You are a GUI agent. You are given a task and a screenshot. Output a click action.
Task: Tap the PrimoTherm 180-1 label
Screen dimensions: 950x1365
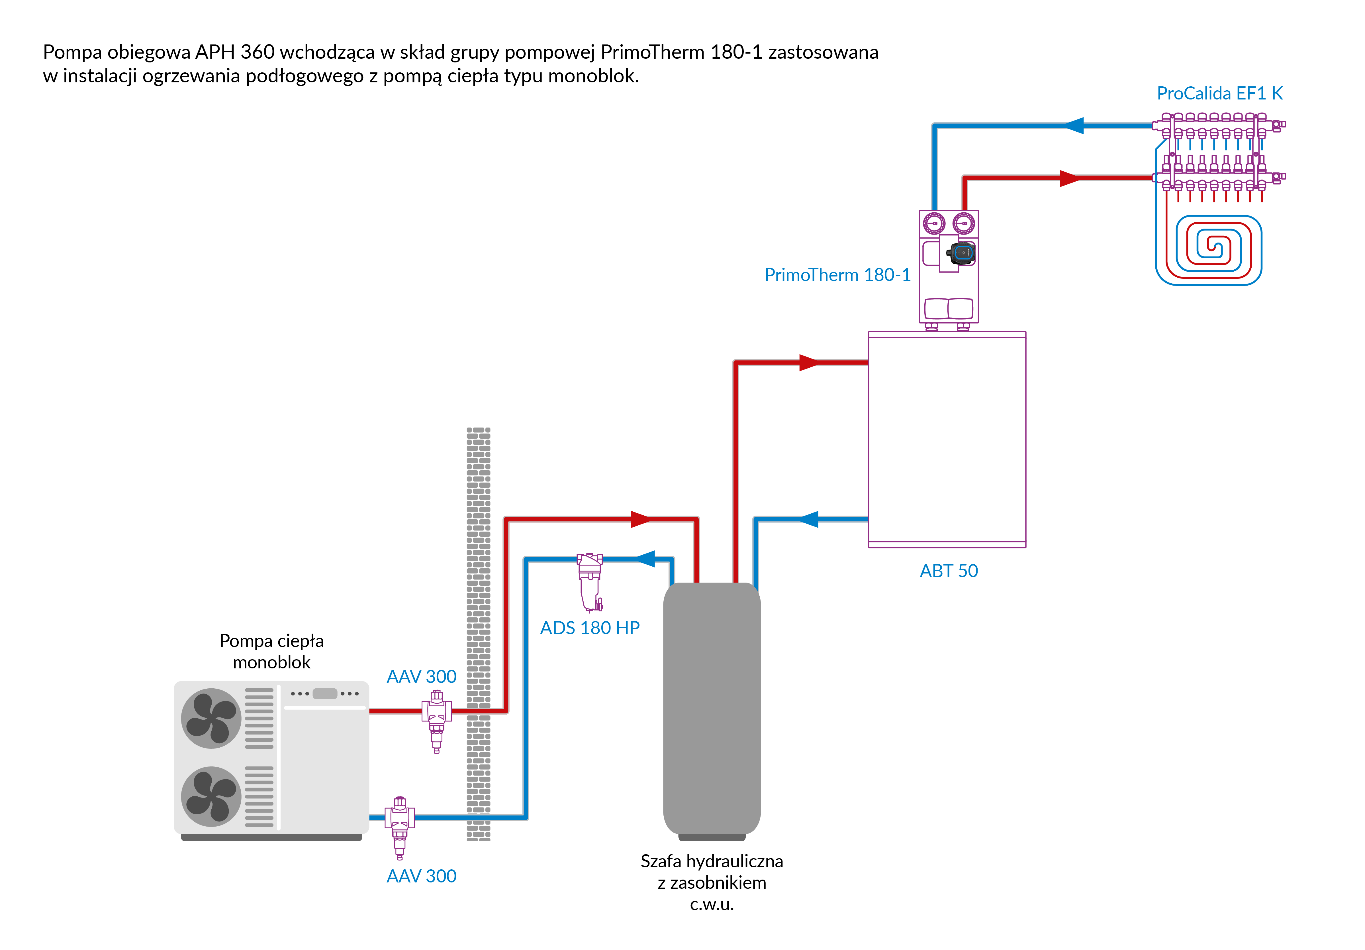click(x=837, y=275)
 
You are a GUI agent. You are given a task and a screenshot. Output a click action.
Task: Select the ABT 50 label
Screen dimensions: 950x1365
click(x=948, y=571)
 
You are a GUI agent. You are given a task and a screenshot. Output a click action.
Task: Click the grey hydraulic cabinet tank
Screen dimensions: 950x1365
click(x=712, y=708)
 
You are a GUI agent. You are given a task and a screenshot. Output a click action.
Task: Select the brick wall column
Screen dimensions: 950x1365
click(x=479, y=634)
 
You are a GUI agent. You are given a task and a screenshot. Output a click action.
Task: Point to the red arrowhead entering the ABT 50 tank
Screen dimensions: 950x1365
click(x=808, y=362)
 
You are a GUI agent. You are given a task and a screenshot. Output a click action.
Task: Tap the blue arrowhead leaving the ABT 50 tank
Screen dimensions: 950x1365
click(x=808, y=519)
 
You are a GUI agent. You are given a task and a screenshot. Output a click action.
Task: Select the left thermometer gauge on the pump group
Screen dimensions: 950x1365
click(x=934, y=224)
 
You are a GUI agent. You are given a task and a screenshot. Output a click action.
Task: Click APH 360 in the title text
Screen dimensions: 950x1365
click(x=235, y=52)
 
